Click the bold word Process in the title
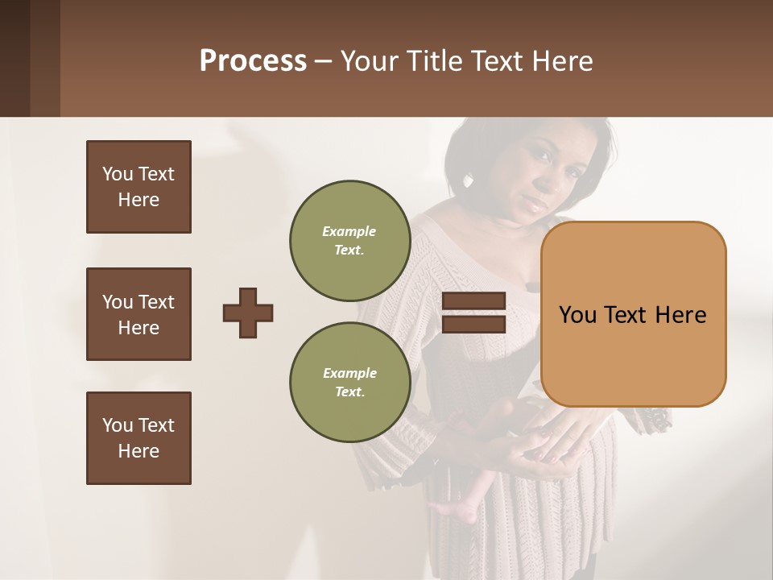coord(253,61)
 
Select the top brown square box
coord(138,187)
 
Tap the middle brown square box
coord(138,314)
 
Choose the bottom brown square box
coord(138,438)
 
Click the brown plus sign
coord(247,313)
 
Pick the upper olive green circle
coord(349,241)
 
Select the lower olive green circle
coord(349,383)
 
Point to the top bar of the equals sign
coord(473,301)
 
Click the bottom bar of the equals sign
coord(473,325)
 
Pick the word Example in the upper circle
coord(349,231)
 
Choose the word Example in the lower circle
coord(349,373)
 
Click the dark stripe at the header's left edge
coord(14,58)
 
